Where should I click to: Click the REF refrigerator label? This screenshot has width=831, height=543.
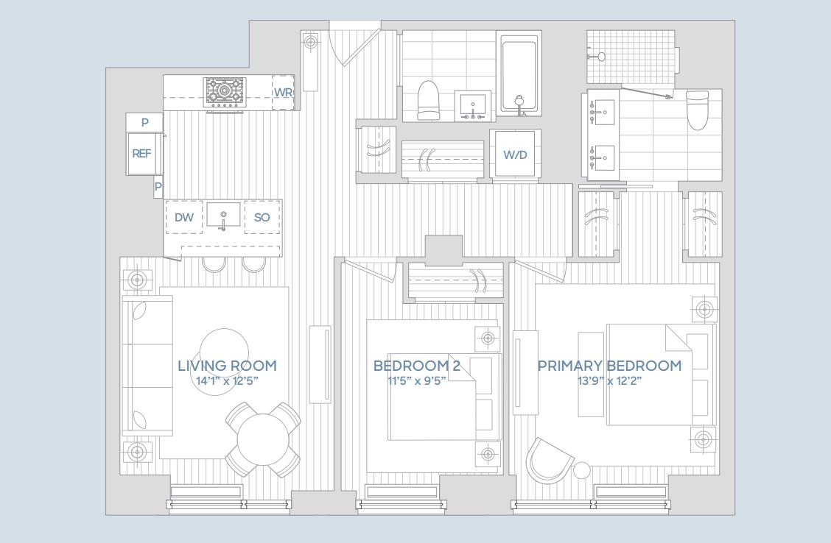pos(141,154)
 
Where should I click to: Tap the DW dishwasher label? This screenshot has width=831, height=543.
pos(184,217)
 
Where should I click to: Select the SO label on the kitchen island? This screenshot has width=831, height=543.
pos(262,217)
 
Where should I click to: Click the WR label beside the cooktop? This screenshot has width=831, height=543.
pos(284,92)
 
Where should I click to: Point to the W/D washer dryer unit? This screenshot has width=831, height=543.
pos(515,155)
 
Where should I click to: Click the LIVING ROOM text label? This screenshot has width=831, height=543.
pos(227,366)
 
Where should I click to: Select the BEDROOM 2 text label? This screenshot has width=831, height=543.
pos(416,366)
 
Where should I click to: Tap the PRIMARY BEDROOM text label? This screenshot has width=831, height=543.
pos(609,366)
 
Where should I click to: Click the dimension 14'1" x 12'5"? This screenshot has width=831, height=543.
pos(227,381)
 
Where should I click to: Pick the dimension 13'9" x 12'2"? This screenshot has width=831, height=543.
pos(609,381)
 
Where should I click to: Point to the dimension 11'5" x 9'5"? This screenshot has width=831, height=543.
pos(416,381)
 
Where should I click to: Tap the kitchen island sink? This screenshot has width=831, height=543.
pos(223,217)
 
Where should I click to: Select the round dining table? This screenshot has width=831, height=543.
pos(263,439)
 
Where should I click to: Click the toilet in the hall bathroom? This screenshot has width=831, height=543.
pos(428,101)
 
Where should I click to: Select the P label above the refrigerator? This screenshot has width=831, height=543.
pos(145,122)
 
